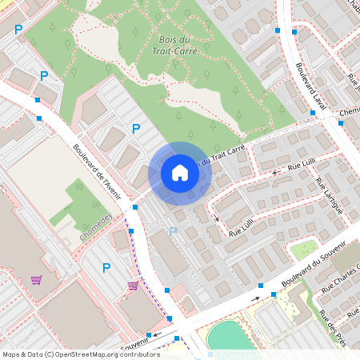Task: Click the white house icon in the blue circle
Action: click(180, 173)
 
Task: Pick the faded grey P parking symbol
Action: click(172, 232)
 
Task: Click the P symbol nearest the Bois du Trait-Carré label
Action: click(136, 129)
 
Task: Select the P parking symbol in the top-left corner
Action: click(18, 29)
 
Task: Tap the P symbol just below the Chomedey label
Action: click(106, 269)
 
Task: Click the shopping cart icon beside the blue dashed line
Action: click(133, 286)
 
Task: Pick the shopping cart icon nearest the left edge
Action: click(36, 280)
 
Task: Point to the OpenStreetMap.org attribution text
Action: click(109, 354)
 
